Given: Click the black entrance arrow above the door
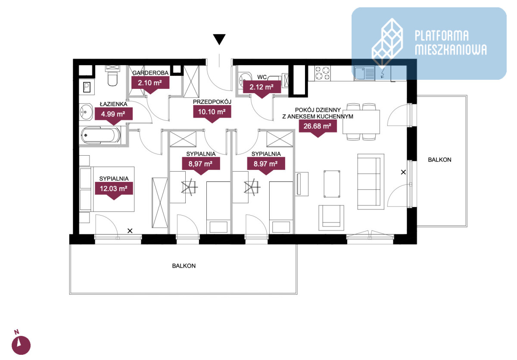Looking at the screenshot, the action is [219, 39].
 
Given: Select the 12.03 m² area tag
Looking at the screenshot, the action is [114, 191].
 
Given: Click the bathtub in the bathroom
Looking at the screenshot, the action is [100, 135].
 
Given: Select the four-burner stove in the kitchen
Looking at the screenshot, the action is [323, 73].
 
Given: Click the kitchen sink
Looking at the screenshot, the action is [364, 73].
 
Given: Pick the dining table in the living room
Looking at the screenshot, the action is [361, 122].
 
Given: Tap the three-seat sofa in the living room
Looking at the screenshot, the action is [371, 182].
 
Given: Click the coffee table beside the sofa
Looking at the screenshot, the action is [332, 184].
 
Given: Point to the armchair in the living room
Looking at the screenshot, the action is [331, 218].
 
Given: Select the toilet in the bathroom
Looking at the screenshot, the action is [112, 76].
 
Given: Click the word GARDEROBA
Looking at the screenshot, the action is [150, 73].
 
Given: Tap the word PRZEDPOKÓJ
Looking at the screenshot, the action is [212, 102].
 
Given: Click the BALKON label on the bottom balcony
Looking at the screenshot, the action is [184, 266].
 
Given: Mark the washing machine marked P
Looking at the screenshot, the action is [87, 87].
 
